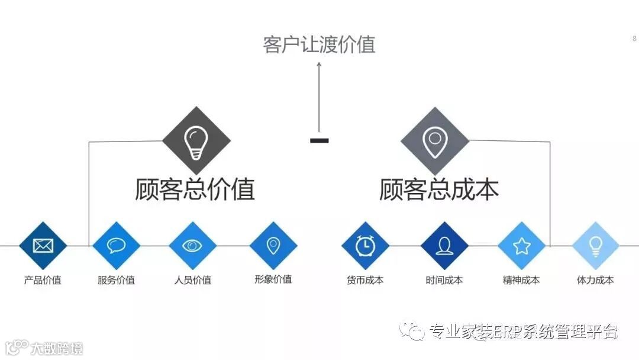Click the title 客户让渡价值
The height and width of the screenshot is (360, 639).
319,44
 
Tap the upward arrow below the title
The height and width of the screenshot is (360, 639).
319,95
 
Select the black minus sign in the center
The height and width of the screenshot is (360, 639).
319,140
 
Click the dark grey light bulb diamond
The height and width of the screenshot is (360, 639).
196,141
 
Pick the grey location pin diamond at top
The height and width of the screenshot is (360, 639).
435,141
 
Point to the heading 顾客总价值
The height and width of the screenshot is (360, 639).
195,189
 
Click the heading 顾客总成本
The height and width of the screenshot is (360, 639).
439,189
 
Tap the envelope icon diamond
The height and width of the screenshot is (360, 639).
43,245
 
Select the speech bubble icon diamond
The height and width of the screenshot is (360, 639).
116,245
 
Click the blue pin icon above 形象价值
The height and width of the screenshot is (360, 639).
273,245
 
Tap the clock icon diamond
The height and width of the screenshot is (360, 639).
365,245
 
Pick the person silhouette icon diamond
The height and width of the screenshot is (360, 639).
444,245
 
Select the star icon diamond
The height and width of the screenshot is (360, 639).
521,245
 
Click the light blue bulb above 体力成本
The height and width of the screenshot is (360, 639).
595,245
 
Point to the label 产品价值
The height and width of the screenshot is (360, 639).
43,280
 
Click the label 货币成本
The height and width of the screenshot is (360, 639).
365,280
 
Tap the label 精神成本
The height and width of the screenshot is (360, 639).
521,280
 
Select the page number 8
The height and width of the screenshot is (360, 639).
634,38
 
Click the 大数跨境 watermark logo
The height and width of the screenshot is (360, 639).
44,347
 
